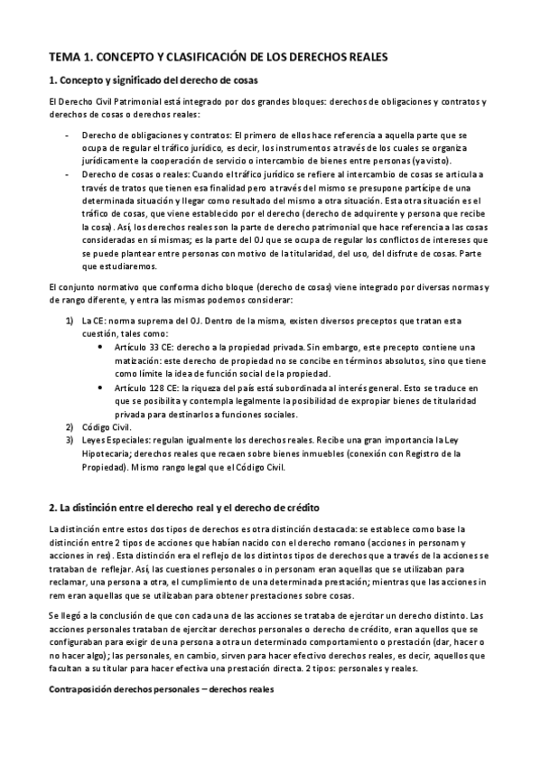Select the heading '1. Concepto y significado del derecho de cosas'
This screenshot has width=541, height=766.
140,80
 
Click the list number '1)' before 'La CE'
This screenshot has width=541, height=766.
70,321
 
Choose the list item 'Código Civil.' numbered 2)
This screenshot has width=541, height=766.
107,427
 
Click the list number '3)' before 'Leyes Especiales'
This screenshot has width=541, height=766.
70,440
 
